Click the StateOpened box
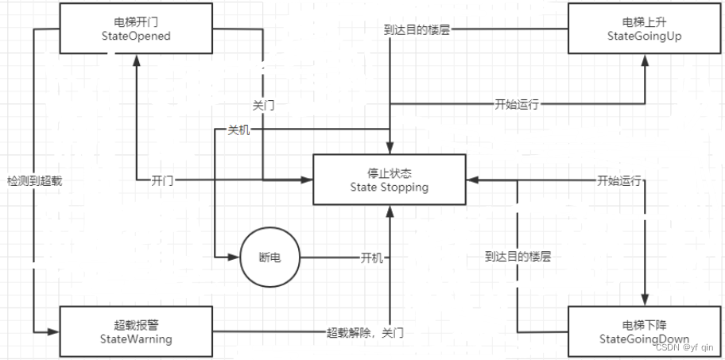click(138, 30)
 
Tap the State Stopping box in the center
click(390, 180)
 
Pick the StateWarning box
click(136, 332)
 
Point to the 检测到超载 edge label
click(34, 181)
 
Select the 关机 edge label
click(238, 130)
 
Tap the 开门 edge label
click(162, 180)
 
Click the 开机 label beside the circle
click(371, 258)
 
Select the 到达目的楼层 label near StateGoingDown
click(518, 257)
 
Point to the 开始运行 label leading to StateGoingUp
click(517, 104)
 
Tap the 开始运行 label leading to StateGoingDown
click(619, 180)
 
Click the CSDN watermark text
click(684, 347)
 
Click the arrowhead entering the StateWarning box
click(55, 331)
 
